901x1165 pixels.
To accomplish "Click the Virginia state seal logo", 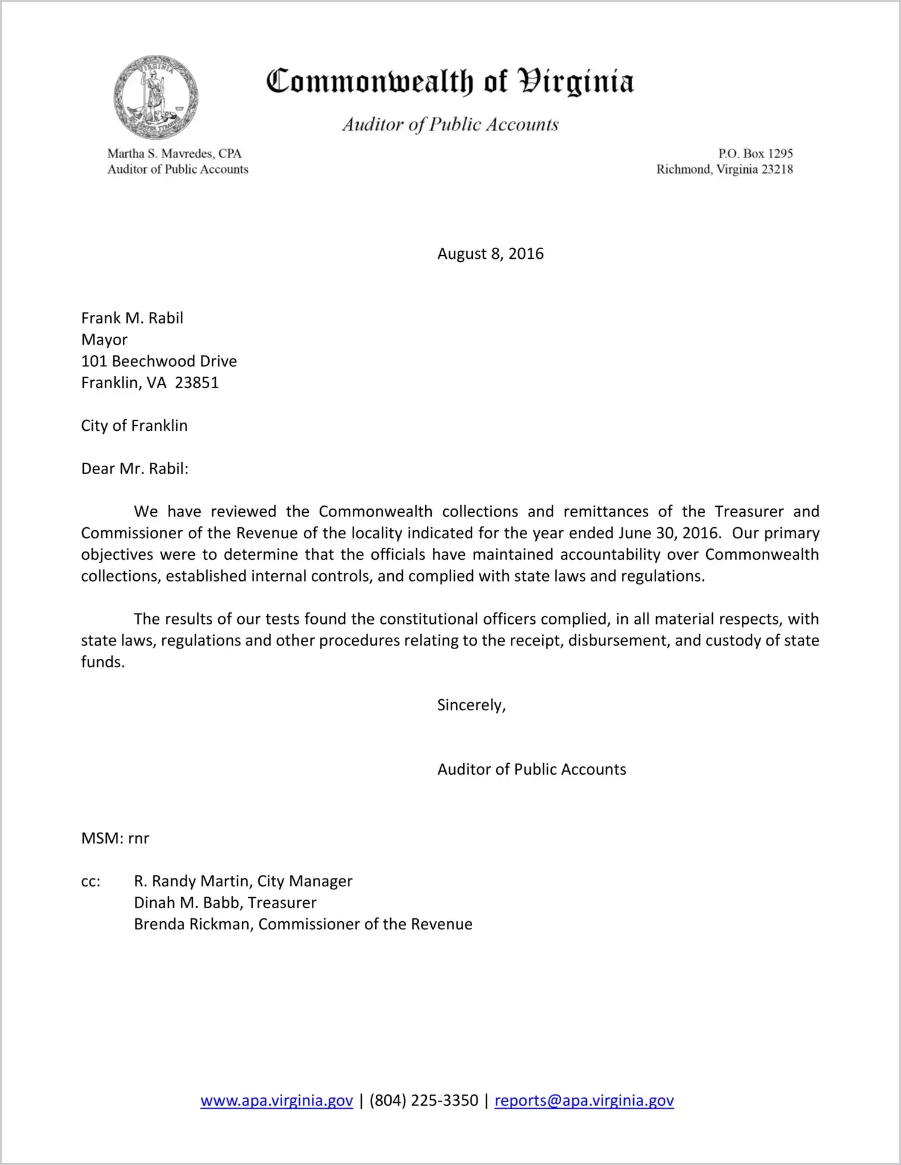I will tap(156, 97).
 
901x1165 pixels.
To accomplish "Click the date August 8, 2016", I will tap(490, 254).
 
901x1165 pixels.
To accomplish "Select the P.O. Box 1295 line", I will tap(755, 154).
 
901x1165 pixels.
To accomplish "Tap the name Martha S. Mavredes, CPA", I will tap(174, 154).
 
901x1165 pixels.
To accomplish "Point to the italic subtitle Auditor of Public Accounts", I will tap(450, 124).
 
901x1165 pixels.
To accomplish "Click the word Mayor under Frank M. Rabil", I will tap(104, 340).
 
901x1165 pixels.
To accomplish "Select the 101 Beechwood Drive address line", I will tap(159, 361).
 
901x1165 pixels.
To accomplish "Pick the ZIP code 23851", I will tap(197, 383).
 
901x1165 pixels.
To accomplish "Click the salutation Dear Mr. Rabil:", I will tap(134, 469).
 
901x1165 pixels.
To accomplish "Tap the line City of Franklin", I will tap(134, 426).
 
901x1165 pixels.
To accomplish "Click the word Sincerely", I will tap(470, 705).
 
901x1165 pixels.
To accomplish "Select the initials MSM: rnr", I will tap(115, 839).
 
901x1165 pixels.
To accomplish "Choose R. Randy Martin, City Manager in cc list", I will tap(243, 881).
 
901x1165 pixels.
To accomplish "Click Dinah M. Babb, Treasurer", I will tap(225, 903).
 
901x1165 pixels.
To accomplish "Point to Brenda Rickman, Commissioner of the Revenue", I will tap(303, 924).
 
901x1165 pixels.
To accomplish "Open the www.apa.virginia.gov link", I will tap(276, 1101).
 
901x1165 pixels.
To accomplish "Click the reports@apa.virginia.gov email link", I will tap(584, 1101).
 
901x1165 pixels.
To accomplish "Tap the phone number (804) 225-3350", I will tap(423, 1101).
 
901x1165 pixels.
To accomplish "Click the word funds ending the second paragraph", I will tap(102, 662).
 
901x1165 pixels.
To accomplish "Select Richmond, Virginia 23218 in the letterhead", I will tap(724, 170).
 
